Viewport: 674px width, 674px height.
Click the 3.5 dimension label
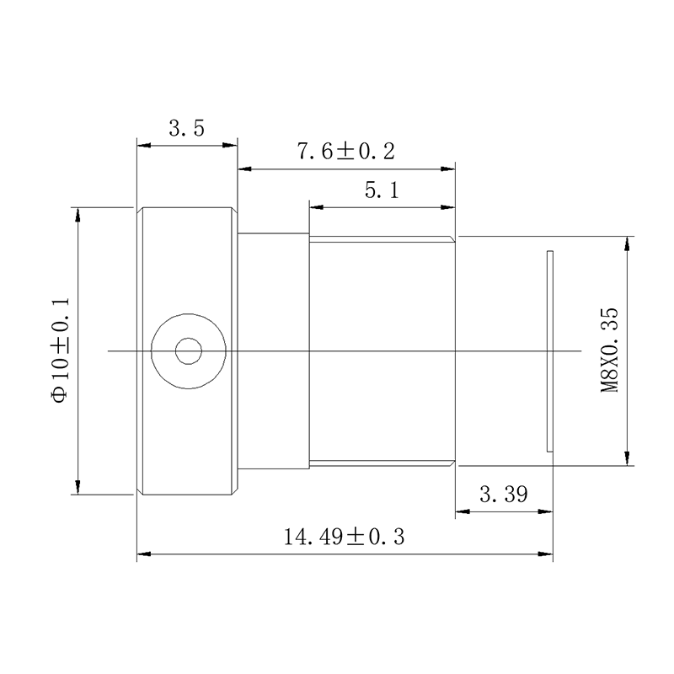click(x=186, y=128)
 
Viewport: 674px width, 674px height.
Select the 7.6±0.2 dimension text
click(x=346, y=152)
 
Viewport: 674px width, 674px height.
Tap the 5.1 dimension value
click(x=382, y=190)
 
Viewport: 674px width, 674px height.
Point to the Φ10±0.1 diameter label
click(x=60, y=350)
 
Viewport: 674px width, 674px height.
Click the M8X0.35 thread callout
click(x=609, y=350)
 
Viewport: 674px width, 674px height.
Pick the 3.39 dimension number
click(x=503, y=495)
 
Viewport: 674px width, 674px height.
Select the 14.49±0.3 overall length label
click(x=345, y=537)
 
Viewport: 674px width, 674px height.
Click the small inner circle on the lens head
click(x=189, y=351)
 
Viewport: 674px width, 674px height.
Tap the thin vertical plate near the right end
click(x=550, y=351)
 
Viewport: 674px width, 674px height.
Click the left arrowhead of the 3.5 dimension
click(x=143, y=146)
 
